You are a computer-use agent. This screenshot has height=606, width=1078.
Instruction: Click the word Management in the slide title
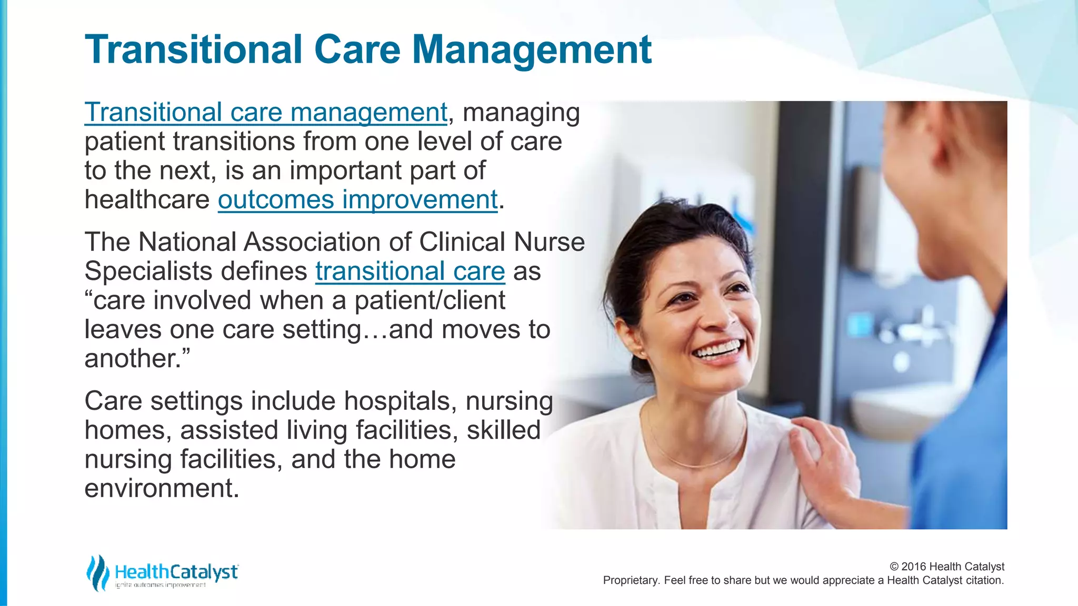tap(532, 50)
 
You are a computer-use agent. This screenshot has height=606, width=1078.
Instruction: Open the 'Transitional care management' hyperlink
tap(266, 113)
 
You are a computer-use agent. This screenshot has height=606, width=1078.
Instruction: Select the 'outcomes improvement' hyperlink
tap(357, 200)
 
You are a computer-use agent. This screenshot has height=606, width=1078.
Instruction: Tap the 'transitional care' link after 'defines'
tap(410, 271)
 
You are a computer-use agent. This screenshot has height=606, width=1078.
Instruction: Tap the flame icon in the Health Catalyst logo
tap(97, 573)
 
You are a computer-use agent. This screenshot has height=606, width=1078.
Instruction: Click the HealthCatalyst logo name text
tap(176, 572)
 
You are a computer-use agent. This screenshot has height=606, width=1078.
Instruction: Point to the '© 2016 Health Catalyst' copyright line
tap(946, 567)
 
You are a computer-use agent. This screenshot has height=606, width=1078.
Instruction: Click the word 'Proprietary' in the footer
tap(631, 580)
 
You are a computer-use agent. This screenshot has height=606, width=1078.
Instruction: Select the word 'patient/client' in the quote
tap(430, 301)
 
